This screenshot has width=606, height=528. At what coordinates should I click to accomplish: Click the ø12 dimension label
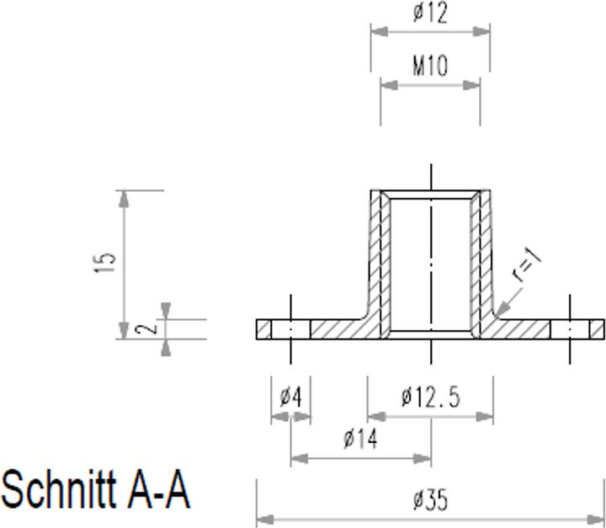(x=430, y=13)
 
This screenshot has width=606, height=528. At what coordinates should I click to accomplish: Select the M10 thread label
(x=430, y=66)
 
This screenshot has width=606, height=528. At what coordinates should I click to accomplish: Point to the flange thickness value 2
(x=149, y=327)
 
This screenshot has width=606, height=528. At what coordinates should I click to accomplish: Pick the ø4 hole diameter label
(x=290, y=397)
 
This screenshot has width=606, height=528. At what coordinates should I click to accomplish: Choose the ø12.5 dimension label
(x=430, y=397)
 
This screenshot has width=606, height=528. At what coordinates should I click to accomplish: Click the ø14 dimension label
(x=360, y=439)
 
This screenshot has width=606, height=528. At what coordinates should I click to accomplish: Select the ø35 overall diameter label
(x=430, y=501)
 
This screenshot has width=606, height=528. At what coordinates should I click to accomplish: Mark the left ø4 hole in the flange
(x=291, y=329)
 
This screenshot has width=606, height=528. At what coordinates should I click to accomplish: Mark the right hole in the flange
(x=570, y=329)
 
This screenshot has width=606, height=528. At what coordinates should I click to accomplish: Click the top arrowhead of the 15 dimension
(x=125, y=200)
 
